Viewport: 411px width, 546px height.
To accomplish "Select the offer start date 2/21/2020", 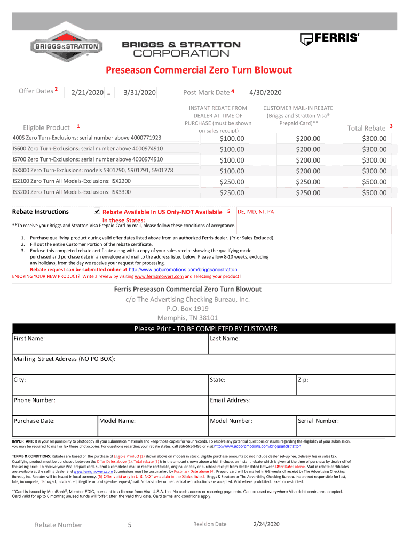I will [84, 93].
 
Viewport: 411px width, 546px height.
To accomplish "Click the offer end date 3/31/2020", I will [136, 93].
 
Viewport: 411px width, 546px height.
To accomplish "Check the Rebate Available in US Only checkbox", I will [97, 211].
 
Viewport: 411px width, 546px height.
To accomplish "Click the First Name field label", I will [29, 339].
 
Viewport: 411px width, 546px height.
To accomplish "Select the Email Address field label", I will [231, 400].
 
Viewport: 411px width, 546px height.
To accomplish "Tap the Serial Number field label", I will [319, 421].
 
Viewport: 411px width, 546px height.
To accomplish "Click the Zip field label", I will [303, 380].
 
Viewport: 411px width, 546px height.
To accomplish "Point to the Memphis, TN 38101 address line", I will [187, 318].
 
